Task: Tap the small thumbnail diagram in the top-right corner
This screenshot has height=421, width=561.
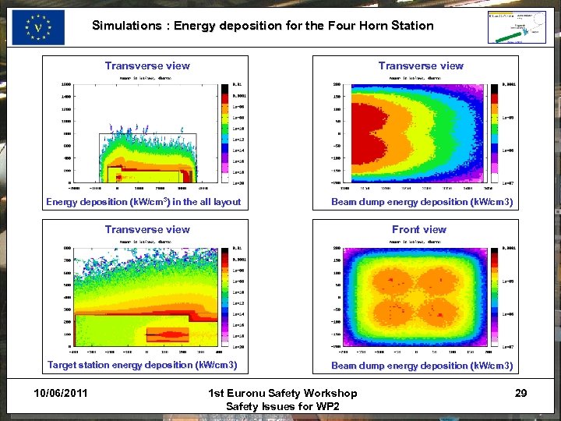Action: pos(516,27)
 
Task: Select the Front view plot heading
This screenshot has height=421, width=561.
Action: pos(419,229)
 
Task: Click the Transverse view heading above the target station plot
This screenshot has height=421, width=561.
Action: pos(147,229)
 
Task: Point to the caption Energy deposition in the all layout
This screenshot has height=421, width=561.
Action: pos(143,202)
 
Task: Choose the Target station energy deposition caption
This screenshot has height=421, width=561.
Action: pos(142,365)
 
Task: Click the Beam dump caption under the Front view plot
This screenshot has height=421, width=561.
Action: pos(422,366)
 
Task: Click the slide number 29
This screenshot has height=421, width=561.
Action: pos(520,393)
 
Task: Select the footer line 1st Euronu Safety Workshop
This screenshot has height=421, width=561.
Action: pos(283,393)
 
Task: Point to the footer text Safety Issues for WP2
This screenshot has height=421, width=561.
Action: pos(283,406)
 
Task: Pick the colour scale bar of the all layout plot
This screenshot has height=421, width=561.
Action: pos(226,133)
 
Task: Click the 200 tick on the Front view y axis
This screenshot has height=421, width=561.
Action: pos(337,248)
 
